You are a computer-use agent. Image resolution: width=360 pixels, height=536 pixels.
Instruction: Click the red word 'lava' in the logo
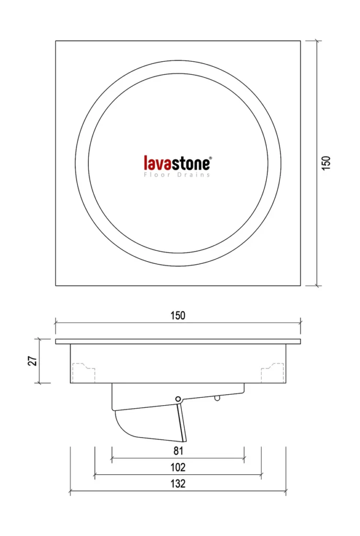157,163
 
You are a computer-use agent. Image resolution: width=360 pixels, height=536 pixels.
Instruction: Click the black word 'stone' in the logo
190,164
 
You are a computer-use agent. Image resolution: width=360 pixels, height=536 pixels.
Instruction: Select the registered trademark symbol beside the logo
210,158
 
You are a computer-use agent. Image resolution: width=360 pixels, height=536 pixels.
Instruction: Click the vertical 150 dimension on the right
326,163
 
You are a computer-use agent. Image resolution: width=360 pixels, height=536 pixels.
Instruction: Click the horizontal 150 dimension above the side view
178,315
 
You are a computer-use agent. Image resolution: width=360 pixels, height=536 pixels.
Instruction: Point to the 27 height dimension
32,361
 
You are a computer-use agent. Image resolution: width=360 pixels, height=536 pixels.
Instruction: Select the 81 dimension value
178,451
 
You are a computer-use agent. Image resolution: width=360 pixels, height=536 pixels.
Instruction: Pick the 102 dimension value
178,467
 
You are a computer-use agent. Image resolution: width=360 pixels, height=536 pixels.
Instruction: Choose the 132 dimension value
178,484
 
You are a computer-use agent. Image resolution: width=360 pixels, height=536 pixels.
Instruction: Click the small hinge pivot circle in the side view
177,399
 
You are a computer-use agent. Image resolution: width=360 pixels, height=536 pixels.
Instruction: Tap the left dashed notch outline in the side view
84,373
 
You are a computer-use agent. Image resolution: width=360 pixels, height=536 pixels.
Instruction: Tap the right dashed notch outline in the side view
273,373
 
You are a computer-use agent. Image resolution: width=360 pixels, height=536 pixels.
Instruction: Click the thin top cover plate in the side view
178,341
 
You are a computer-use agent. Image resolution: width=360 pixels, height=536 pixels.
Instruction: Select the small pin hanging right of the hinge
217,397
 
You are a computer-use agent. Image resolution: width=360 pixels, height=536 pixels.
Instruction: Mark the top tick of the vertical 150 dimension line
317,41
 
